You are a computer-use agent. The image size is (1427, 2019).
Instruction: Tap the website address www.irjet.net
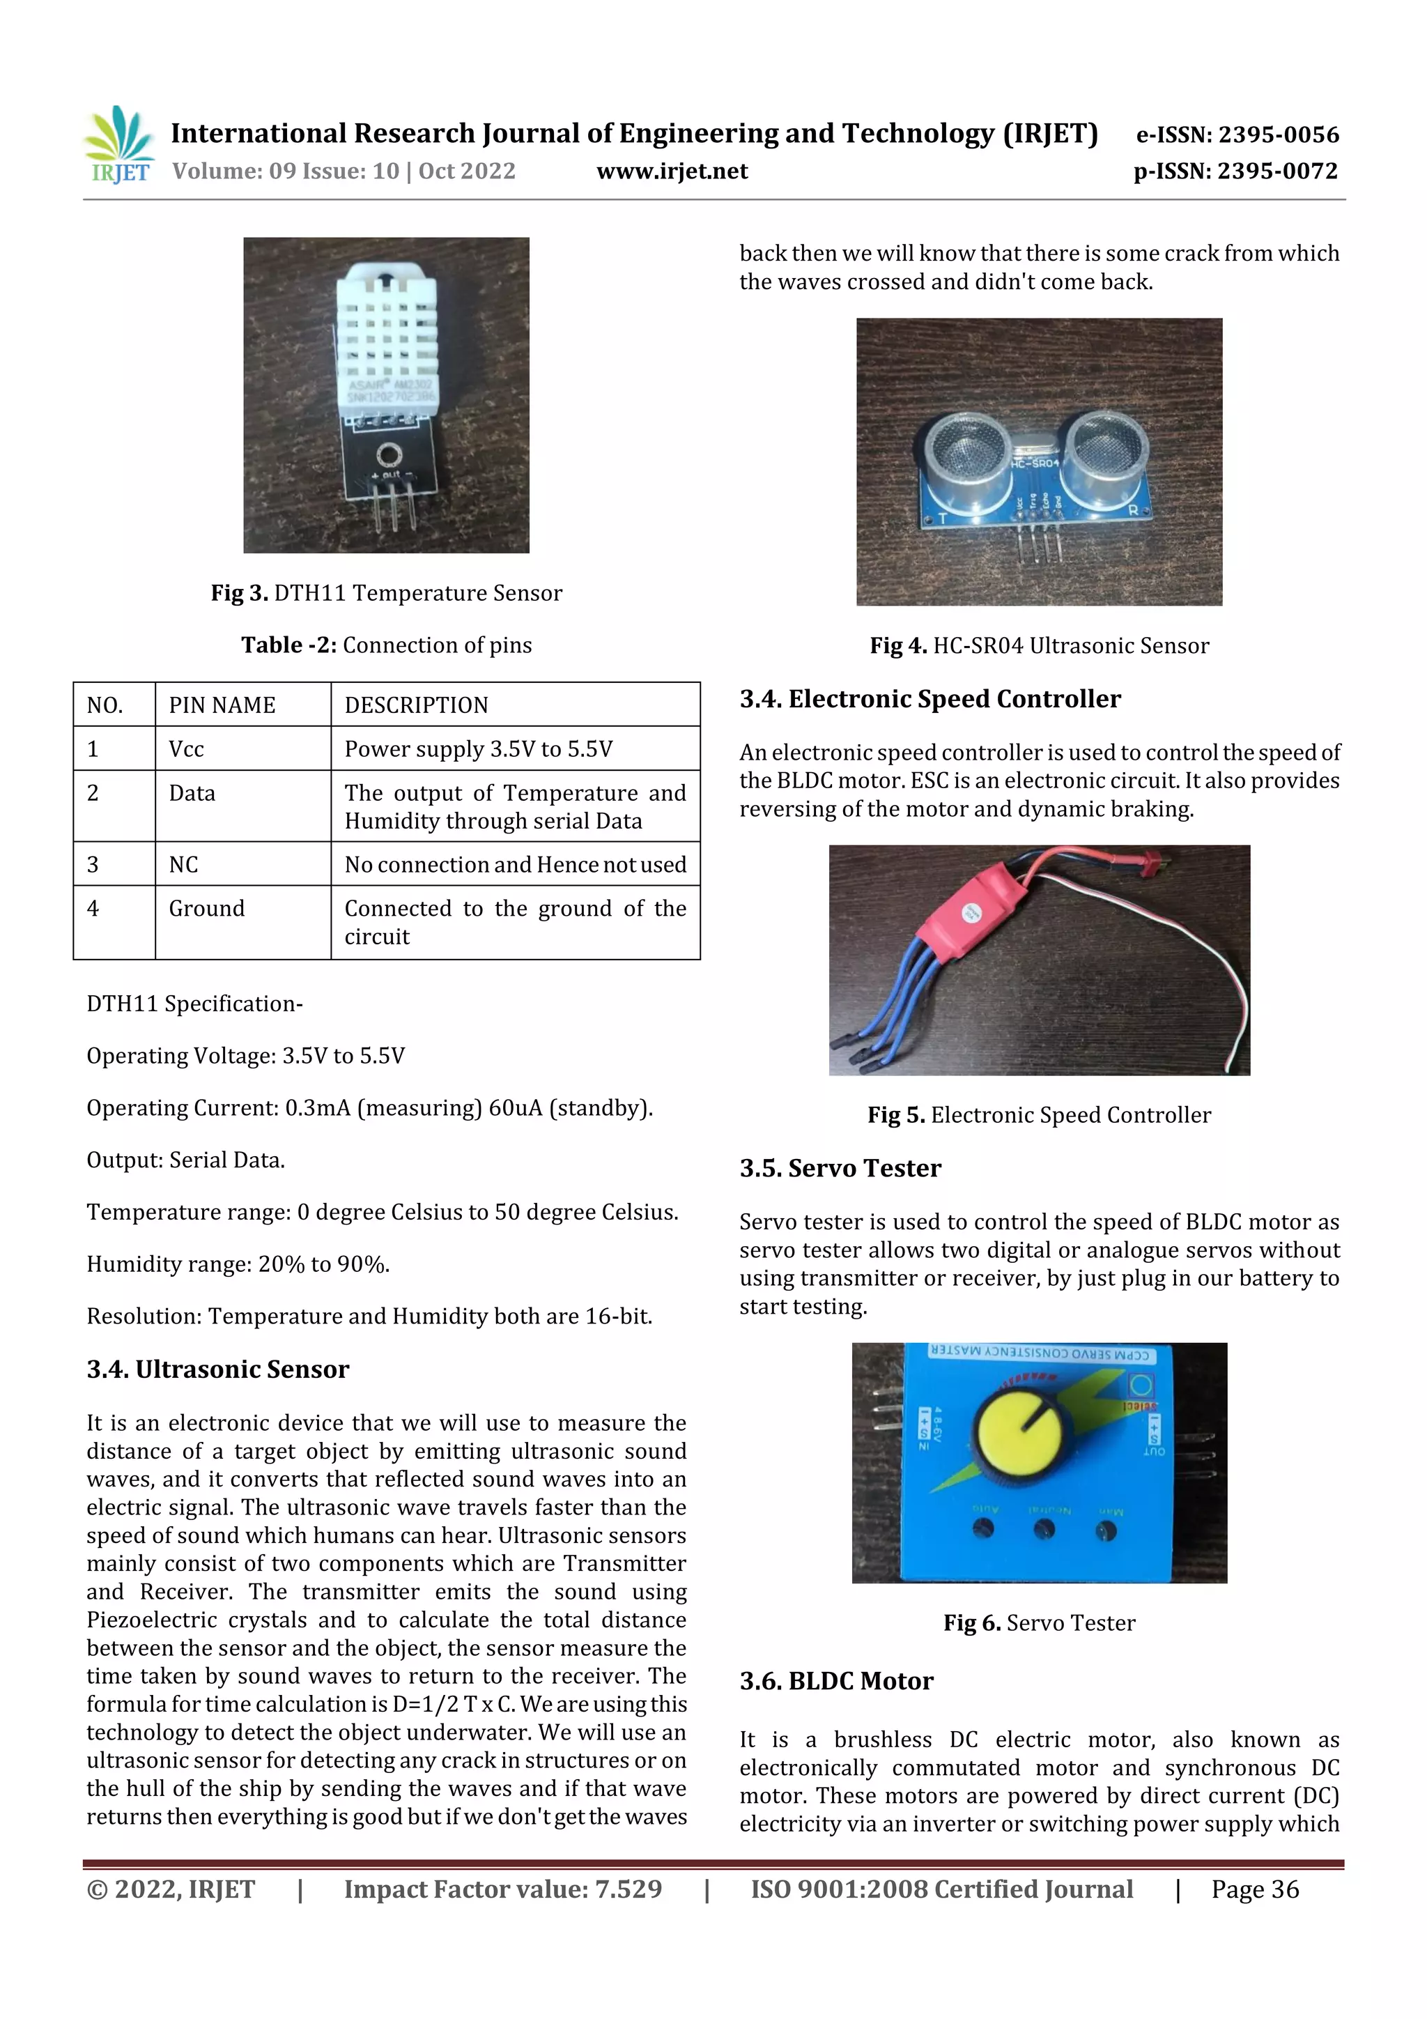tap(672, 171)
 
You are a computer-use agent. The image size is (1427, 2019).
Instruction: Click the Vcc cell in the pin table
tap(187, 749)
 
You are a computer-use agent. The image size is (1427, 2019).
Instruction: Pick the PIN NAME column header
tap(222, 705)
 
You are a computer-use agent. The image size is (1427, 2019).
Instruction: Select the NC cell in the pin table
tap(184, 864)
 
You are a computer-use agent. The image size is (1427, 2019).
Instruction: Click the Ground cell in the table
tap(207, 908)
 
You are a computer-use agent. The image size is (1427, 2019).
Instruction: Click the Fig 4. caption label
tap(897, 646)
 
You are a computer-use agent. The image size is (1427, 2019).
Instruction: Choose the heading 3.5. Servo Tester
tap(840, 1169)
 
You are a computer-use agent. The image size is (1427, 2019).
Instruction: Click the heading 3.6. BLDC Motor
tap(835, 1681)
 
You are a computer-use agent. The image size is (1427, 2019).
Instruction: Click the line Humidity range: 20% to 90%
tap(238, 1264)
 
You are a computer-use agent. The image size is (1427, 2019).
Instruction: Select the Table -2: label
tap(288, 645)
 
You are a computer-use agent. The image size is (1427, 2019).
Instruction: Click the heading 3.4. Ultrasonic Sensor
tap(217, 1369)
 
